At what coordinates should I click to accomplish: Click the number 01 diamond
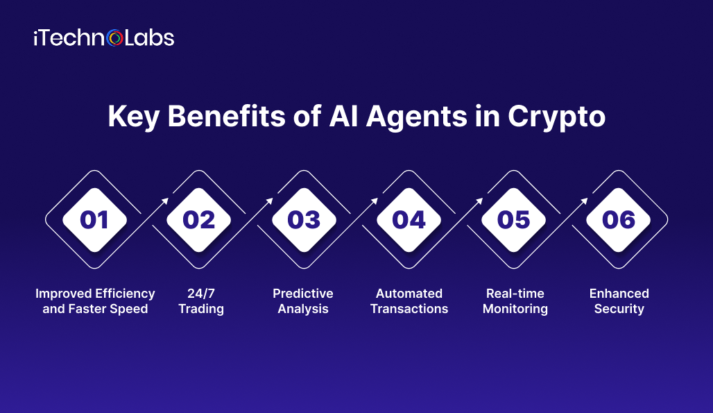click(x=94, y=220)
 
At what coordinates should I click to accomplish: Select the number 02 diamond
click(x=199, y=220)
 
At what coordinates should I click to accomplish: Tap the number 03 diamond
click(x=304, y=220)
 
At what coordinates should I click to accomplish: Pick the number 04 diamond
click(x=409, y=220)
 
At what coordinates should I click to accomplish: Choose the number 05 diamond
click(x=514, y=220)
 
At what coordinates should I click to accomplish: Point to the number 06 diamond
click(x=619, y=220)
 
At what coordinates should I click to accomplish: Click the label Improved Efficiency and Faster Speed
click(x=95, y=301)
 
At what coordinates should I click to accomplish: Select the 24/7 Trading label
click(x=201, y=301)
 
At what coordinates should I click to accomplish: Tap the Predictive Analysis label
click(x=303, y=301)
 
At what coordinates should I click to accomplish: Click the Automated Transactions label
click(x=409, y=301)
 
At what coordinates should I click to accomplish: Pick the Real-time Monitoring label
click(x=515, y=301)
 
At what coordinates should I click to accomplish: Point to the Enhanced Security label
click(x=619, y=301)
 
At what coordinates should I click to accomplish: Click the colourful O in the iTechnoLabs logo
click(x=116, y=38)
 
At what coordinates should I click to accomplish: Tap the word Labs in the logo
click(x=149, y=38)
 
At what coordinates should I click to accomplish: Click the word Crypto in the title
click(x=556, y=117)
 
